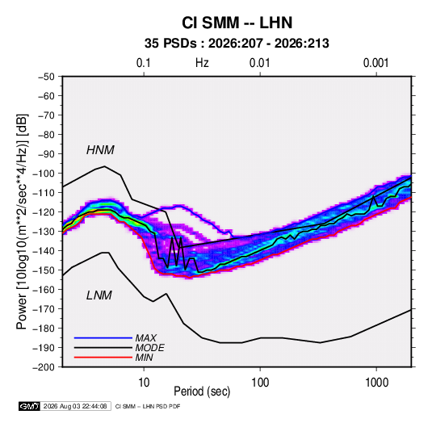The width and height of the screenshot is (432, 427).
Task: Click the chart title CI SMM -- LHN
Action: pos(237,23)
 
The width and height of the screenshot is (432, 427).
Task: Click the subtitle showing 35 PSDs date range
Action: pos(237,44)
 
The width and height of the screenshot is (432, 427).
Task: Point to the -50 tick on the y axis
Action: pos(47,77)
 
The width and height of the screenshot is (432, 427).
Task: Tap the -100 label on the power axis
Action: pos(44,174)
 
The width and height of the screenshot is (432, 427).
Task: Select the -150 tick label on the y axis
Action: pos(44,270)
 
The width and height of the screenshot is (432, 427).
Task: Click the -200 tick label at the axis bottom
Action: pos(44,367)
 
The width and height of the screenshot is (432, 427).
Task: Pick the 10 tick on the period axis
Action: pos(144,383)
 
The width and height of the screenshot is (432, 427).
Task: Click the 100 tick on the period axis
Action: pos(260,383)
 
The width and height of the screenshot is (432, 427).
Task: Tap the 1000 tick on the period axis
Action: pos(376,383)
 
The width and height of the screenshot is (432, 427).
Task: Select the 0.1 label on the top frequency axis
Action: pos(144,63)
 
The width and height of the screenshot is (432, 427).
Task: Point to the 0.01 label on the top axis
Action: pos(259,63)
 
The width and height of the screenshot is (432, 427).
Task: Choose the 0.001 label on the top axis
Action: pos(375,63)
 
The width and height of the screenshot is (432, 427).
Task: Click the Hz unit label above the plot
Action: pos(202,63)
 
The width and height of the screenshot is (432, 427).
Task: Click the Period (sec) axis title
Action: pos(202,391)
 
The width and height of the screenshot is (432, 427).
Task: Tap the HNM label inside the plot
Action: pos(100,150)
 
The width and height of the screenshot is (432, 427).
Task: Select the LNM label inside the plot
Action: pos(99,295)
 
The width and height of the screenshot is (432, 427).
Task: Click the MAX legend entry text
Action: pos(146,338)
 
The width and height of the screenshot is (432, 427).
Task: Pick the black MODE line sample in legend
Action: pos(103,348)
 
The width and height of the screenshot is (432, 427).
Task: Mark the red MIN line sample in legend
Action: pos(103,358)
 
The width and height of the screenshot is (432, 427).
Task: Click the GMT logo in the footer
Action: pos(30,406)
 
